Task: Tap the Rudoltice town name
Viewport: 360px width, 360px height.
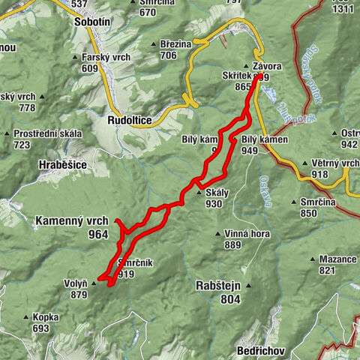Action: [130, 119]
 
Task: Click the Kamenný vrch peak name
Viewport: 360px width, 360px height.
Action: [71, 221]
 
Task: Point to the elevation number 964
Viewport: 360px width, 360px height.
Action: [97, 234]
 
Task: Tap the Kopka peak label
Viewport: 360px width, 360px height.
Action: [46, 317]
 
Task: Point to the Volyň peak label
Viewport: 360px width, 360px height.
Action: [75, 283]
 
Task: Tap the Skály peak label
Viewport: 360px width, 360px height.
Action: [217, 193]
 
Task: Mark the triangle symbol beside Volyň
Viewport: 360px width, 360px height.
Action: [94, 283]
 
